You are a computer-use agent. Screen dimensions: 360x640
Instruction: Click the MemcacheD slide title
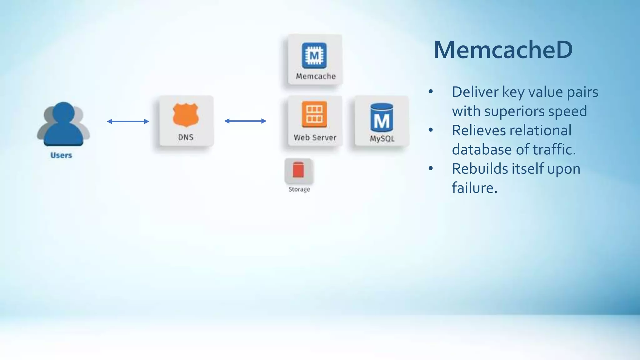[x=503, y=50]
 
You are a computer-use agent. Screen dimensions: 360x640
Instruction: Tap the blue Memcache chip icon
[x=314, y=56]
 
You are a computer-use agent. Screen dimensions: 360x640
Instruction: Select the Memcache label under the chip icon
[x=316, y=76]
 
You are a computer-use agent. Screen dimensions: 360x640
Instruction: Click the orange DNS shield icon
[x=186, y=115]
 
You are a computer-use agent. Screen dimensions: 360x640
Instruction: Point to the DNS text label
[x=186, y=137]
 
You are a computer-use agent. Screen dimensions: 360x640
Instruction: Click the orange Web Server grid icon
[x=314, y=114]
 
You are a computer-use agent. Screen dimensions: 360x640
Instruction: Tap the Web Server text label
[x=315, y=137]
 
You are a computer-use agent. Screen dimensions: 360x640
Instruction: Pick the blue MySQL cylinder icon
[x=382, y=117]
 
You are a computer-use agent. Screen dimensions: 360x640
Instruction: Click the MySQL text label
[x=382, y=138]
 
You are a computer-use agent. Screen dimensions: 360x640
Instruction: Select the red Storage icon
[x=298, y=170]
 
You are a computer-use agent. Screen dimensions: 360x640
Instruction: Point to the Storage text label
[x=299, y=189]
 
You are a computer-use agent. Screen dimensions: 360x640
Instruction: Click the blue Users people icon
[x=63, y=124]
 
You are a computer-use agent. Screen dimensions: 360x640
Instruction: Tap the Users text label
[x=61, y=155]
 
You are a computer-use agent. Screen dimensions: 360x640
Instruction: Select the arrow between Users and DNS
[x=128, y=121]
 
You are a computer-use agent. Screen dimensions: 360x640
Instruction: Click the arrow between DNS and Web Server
[x=245, y=121]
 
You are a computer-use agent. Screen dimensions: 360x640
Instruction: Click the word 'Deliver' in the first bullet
[x=475, y=92]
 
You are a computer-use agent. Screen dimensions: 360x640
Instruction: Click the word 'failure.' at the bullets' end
[x=474, y=188]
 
